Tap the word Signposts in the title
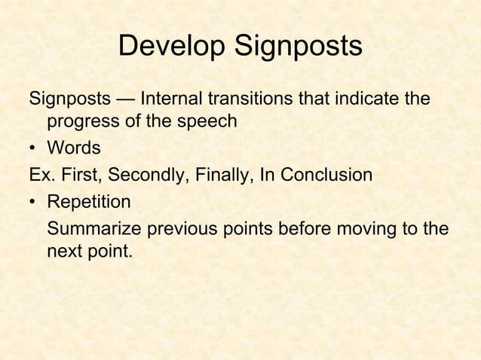(297, 47)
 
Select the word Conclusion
(326, 176)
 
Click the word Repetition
(88, 203)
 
